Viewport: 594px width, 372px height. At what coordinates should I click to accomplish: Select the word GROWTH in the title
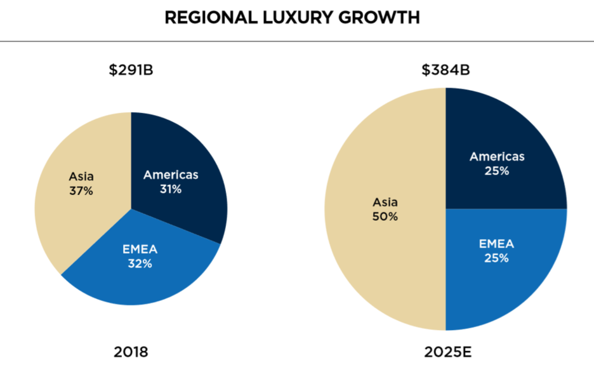click(x=383, y=18)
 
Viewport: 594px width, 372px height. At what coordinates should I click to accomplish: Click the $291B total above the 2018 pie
click(x=131, y=70)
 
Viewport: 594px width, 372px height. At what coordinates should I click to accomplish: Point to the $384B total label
click(x=446, y=70)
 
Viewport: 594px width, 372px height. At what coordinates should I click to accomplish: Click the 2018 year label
click(x=131, y=350)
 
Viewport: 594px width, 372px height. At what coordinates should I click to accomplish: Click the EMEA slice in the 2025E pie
click(x=501, y=279)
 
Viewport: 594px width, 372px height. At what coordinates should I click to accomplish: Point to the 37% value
click(x=81, y=190)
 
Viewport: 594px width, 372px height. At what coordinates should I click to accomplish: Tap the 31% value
click(x=171, y=189)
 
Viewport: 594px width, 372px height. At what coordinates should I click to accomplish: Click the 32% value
click(x=140, y=264)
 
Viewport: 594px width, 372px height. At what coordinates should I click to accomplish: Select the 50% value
click(x=385, y=217)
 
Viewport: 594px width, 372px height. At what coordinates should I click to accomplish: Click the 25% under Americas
click(x=497, y=171)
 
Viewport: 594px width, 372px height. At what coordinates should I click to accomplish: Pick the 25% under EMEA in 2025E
click(x=497, y=258)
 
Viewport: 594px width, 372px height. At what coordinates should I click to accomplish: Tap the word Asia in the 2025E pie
click(x=385, y=203)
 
